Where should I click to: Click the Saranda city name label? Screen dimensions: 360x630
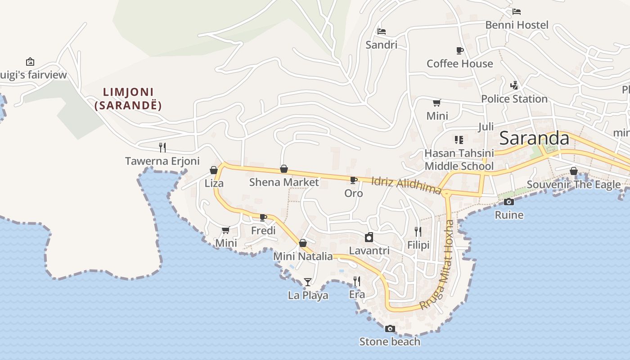click(534, 138)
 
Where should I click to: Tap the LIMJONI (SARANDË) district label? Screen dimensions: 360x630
click(128, 99)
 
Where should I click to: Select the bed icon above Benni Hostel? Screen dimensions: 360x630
click(517, 11)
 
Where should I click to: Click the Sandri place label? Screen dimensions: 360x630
click(381, 45)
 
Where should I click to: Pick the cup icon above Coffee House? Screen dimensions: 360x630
click(459, 50)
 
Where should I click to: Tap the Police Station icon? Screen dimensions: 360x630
click(514, 85)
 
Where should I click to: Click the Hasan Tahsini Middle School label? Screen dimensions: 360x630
click(459, 160)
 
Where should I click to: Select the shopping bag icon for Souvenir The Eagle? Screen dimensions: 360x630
click(573, 171)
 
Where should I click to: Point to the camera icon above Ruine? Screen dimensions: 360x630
click(509, 202)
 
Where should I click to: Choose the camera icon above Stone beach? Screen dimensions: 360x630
click(390, 328)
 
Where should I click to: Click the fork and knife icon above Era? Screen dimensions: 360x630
click(357, 281)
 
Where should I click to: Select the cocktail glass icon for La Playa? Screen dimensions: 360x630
click(308, 282)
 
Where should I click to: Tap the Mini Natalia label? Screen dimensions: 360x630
click(303, 256)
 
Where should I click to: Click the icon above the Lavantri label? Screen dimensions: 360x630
click(369, 237)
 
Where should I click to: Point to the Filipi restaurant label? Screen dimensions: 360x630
click(418, 245)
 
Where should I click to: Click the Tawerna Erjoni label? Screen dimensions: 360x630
click(162, 161)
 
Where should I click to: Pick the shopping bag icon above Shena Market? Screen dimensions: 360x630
click(284, 169)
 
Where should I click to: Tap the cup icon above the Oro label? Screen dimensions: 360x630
click(354, 180)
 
